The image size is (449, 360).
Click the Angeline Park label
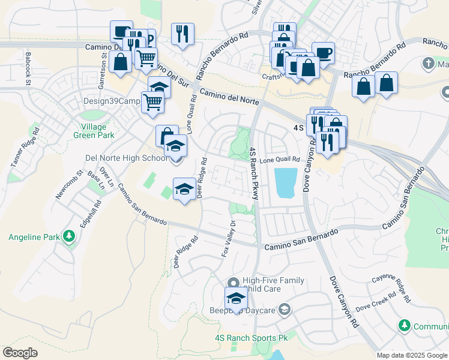(x=34, y=237)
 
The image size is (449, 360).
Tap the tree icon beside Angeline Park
(x=70, y=236)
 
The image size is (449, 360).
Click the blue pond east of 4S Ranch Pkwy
(x=285, y=183)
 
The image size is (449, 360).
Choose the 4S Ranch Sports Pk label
(x=251, y=338)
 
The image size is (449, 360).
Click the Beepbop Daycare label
(x=242, y=310)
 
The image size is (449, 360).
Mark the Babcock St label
(x=28, y=63)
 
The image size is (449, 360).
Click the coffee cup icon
(x=322, y=52)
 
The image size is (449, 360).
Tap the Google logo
(x=20, y=353)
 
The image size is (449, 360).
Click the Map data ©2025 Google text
(x=412, y=355)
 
